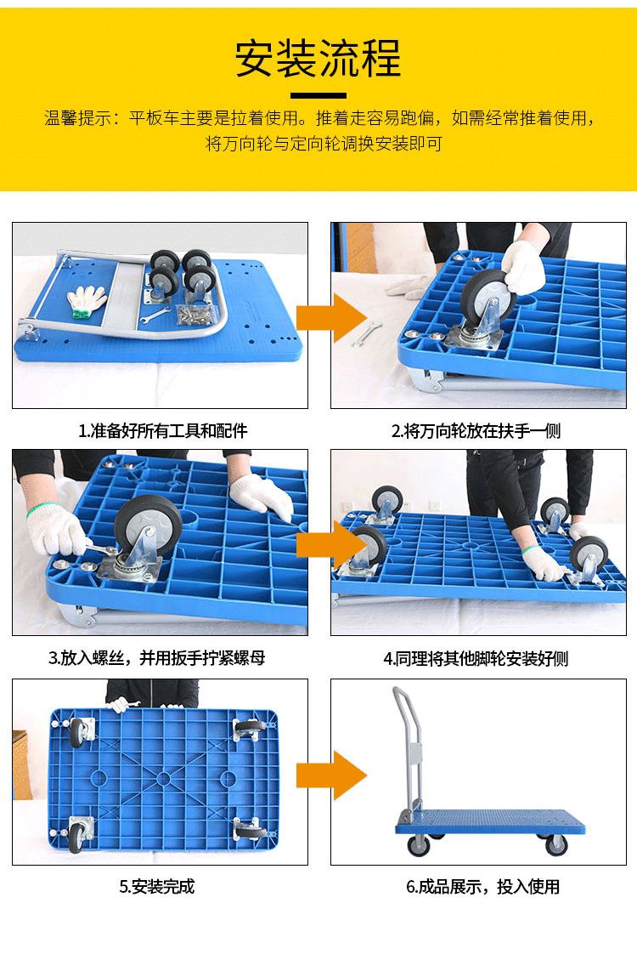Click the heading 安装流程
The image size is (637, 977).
tap(318, 59)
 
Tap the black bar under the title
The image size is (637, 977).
tap(318, 95)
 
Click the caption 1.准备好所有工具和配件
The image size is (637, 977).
tap(162, 430)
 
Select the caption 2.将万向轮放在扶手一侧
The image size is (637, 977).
tap(476, 430)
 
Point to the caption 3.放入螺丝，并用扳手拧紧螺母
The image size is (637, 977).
tap(157, 658)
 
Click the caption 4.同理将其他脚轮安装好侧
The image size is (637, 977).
tap(476, 659)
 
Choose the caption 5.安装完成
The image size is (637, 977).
tap(157, 886)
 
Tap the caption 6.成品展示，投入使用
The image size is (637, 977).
tap(482, 886)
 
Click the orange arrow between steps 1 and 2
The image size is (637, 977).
tap(331, 318)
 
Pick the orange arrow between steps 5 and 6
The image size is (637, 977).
tap(331, 775)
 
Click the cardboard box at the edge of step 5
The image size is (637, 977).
tap(22, 764)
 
